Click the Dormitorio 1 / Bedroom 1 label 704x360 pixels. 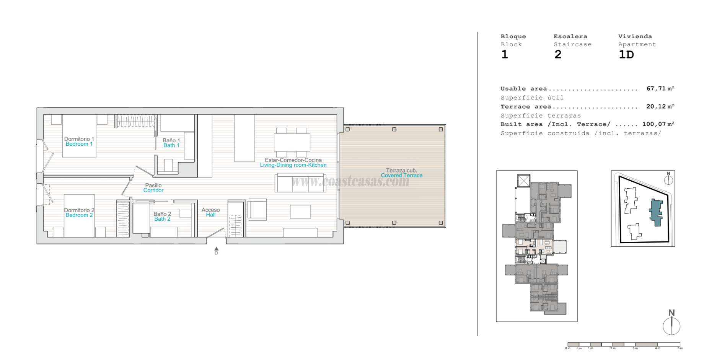(x=79, y=142)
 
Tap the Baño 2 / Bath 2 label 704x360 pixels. (x=162, y=217)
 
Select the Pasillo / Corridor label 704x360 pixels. (x=153, y=188)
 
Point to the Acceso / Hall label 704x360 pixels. (x=210, y=212)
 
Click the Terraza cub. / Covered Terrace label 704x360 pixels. (x=401, y=173)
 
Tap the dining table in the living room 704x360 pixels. (x=292, y=142)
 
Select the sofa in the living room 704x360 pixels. (x=295, y=183)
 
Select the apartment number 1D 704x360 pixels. (x=626, y=55)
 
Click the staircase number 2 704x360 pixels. (x=558, y=55)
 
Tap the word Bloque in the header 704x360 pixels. (x=513, y=36)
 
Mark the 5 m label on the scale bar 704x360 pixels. (x=680, y=348)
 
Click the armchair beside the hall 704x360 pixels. (x=257, y=210)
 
